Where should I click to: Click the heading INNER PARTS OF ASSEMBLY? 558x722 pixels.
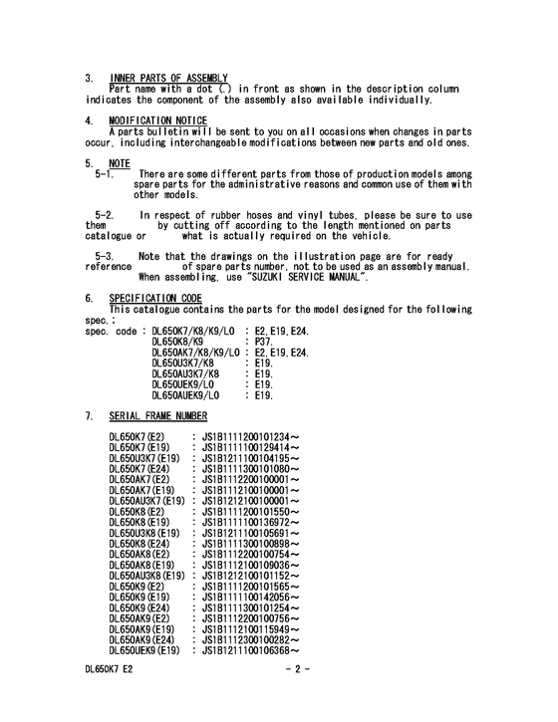pos(168,79)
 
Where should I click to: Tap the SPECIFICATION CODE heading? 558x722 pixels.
pos(155,298)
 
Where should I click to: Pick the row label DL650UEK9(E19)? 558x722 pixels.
pos(144,650)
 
